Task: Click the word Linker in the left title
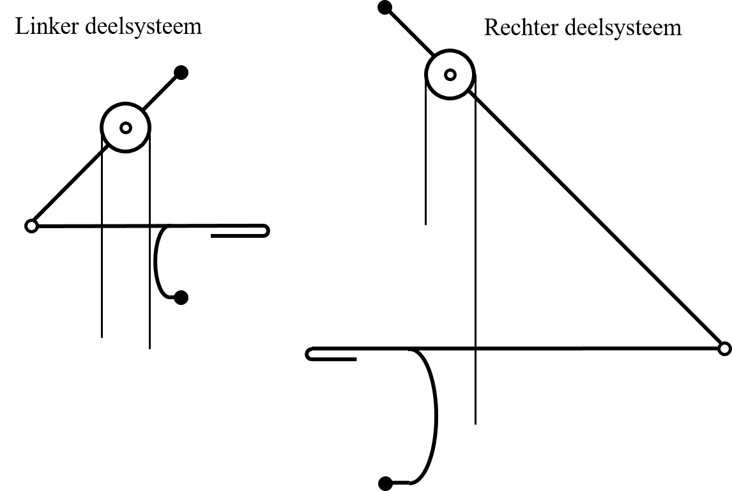(47, 26)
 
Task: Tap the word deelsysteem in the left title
(143, 27)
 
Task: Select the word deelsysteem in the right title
(623, 28)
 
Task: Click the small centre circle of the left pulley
(126, 127)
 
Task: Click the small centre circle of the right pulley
(450, 75)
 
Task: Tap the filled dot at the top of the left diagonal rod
(181, 72)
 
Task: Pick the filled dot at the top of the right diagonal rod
(385, 8)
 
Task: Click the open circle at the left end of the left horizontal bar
(31, 226)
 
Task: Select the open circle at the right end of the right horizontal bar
(724, 348)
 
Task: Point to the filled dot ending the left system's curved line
(181, 297)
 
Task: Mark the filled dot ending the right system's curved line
(385, 483)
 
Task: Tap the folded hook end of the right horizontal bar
(309, 354)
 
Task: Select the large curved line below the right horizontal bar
(436, 416)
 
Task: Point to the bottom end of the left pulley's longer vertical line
(149, 348)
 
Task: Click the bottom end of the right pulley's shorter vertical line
(425, 224)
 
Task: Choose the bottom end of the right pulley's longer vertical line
(475, 425)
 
